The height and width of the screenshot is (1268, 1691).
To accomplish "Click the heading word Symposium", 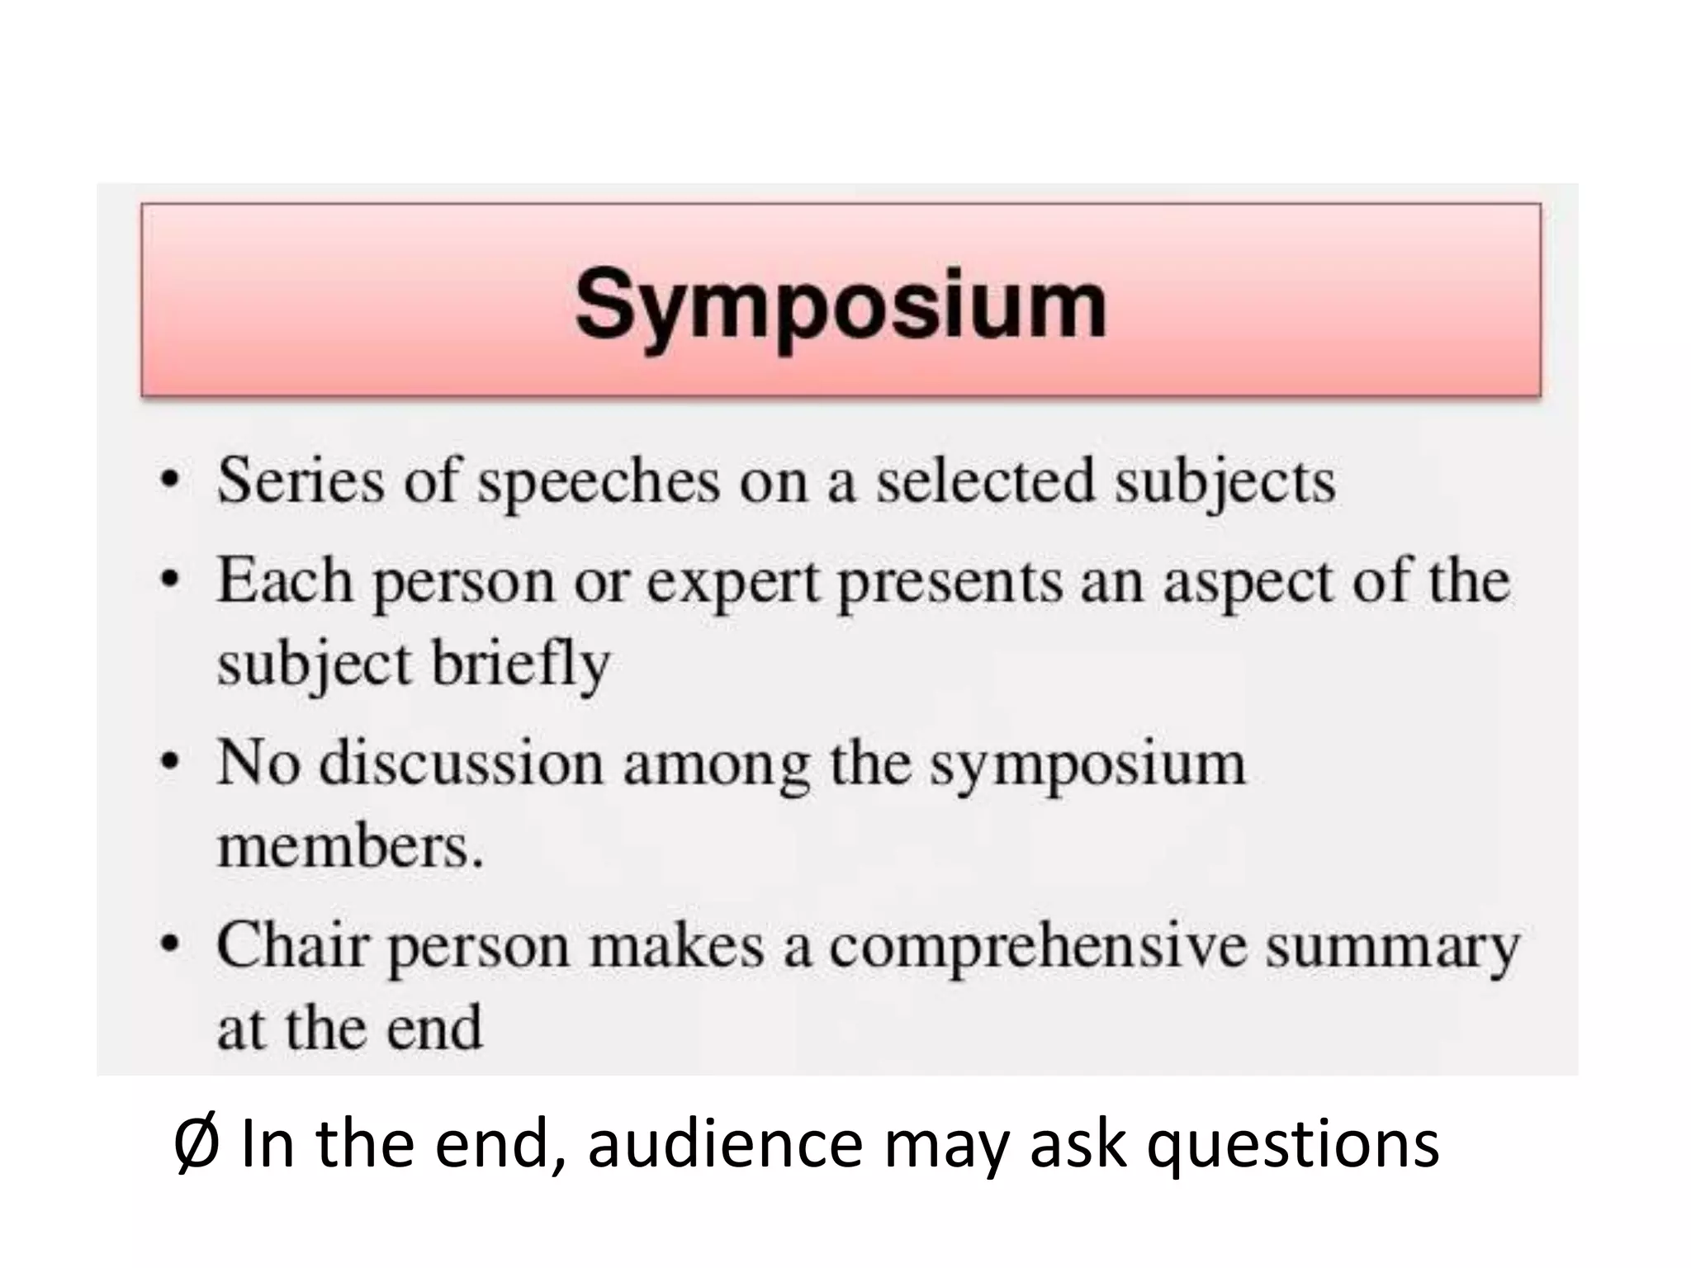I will pyautogui.click(x=840, y=305).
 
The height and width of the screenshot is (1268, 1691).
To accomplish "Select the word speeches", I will pyautogui.click(x=599, y=482).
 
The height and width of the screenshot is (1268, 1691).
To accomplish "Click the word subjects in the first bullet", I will pyautogui.click(x=1224, y=482).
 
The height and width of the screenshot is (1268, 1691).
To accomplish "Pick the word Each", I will pyautogui.click(x=285, y=580).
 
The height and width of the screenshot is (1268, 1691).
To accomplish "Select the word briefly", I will pyautogui.click(x=521, y=665).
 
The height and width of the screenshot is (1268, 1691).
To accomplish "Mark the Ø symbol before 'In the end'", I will pyautogui.click(x=197, y=1144).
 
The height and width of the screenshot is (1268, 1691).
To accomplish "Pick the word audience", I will pyautogui.click(x=725, y=1144).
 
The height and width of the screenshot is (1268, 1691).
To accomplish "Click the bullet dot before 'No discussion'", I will pyautogui.click(x=169, y=762).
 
